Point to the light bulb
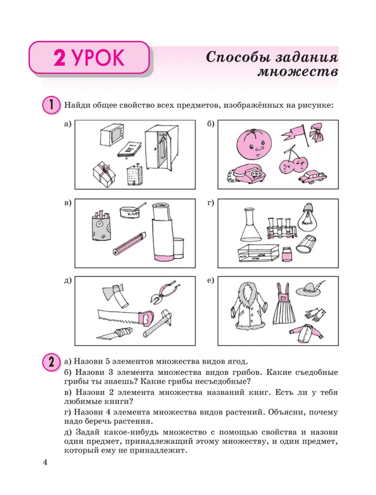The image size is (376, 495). pos(307,219)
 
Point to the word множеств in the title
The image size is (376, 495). pos(297,73)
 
